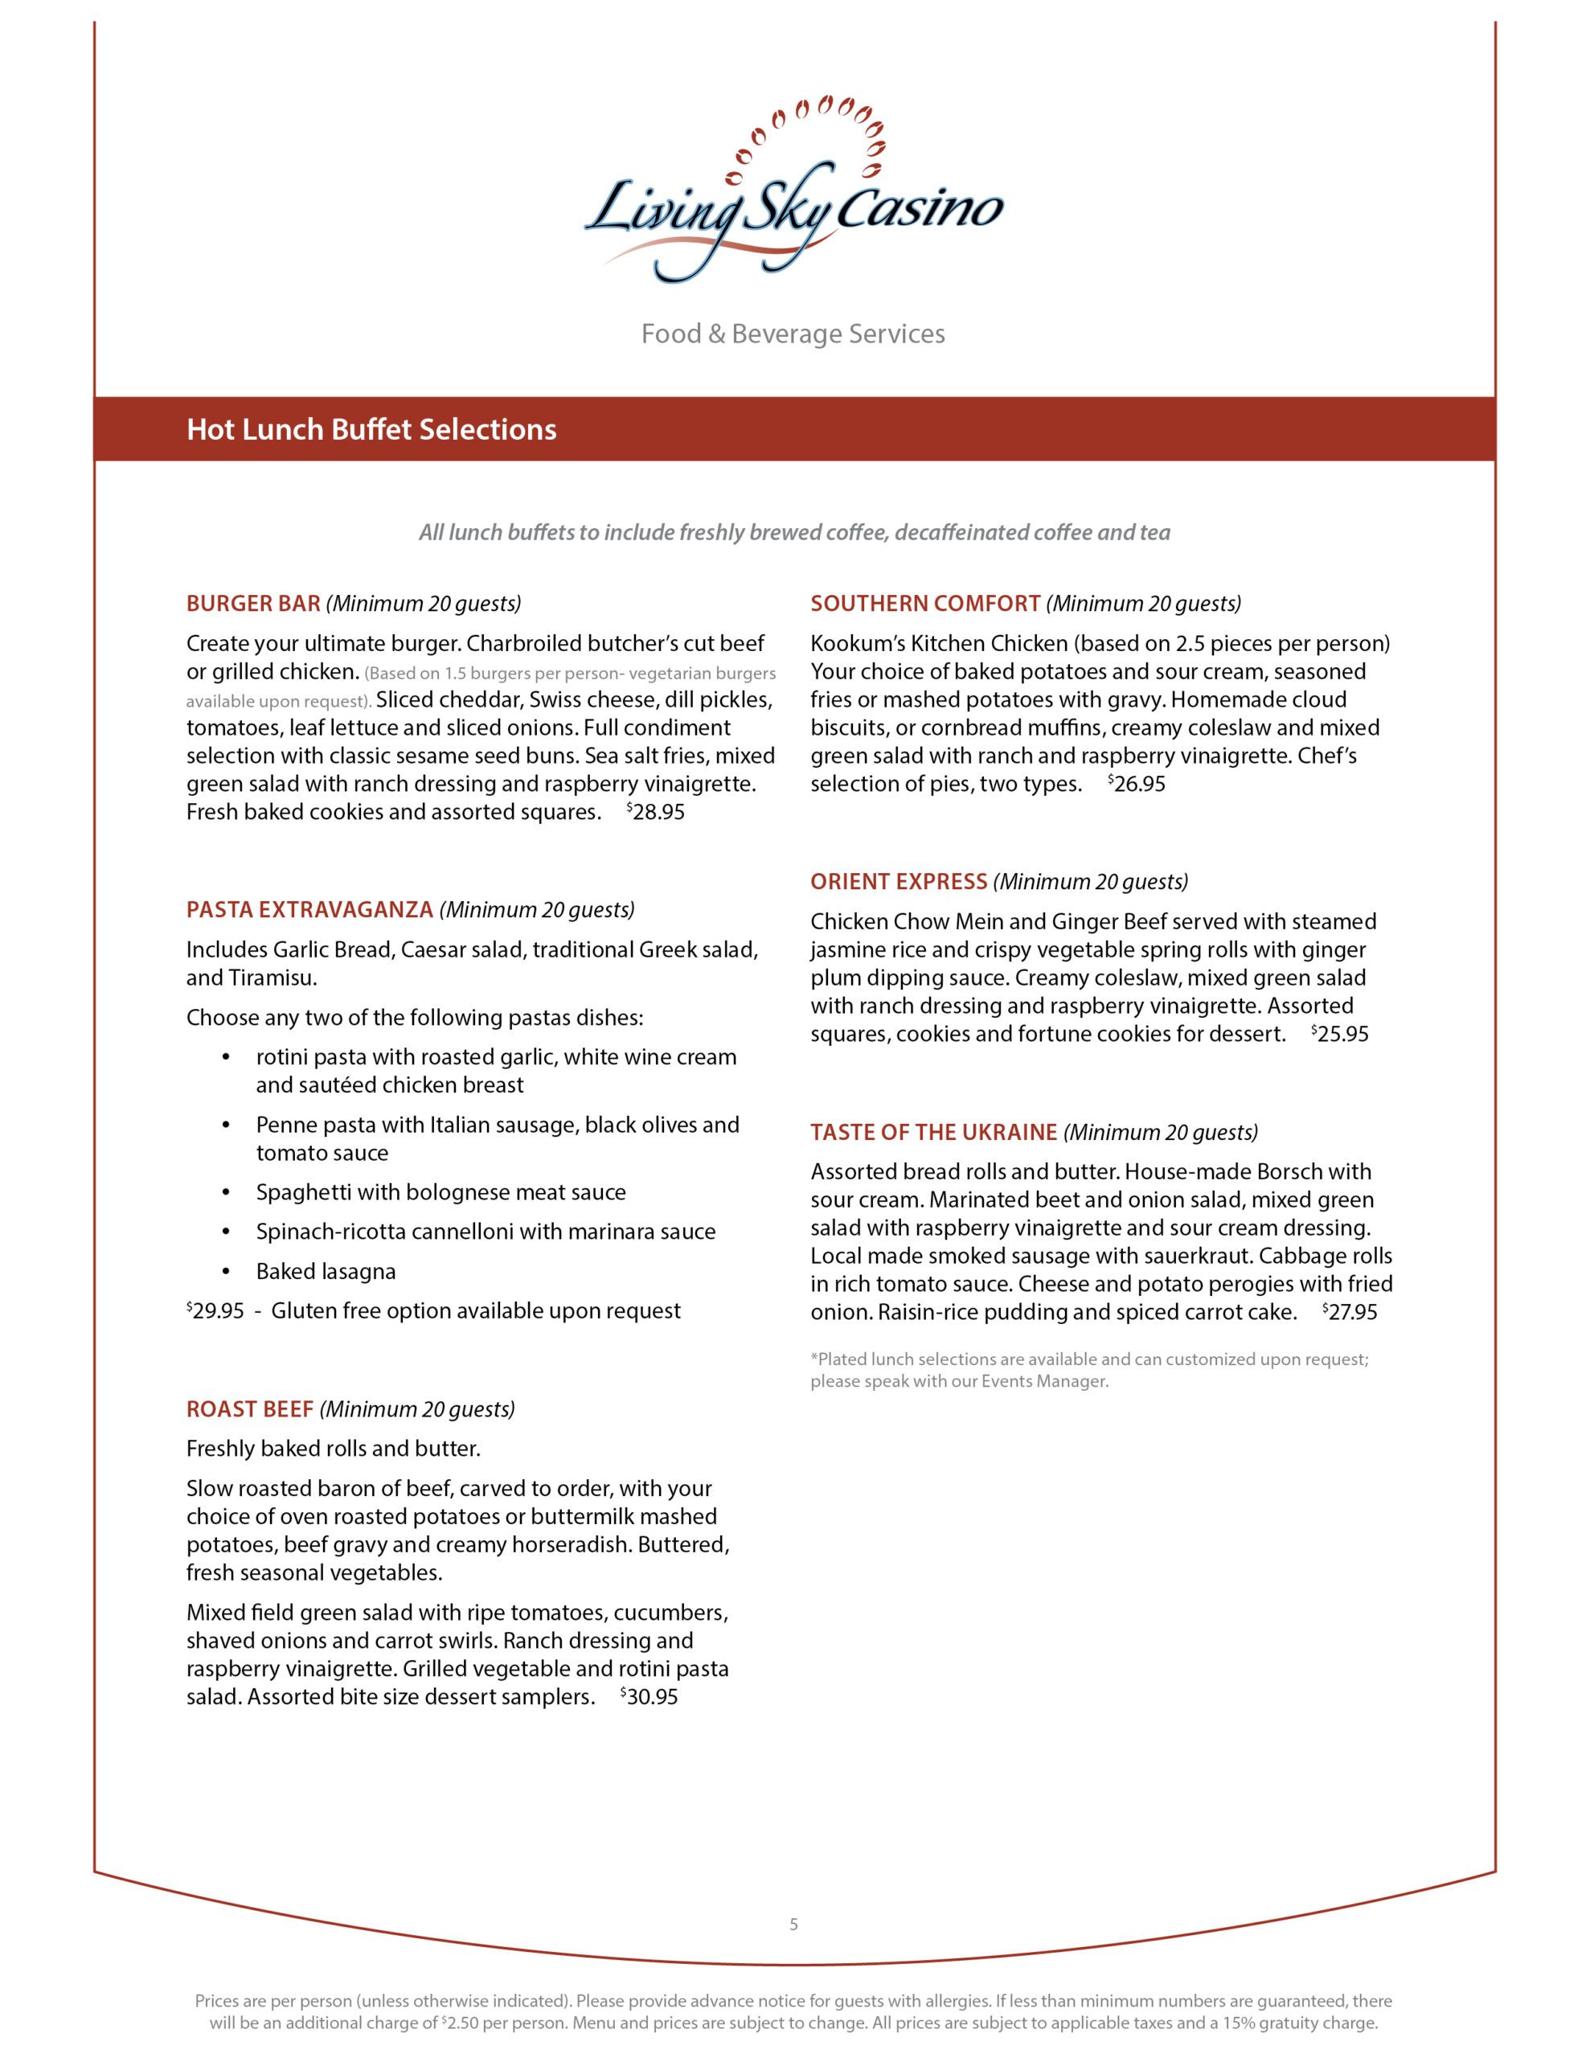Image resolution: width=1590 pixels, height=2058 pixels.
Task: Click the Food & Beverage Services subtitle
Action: click(793, 334)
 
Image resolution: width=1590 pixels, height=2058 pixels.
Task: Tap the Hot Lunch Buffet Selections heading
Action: click(371, 430)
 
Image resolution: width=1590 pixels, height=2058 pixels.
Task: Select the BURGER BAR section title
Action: click(253, 603)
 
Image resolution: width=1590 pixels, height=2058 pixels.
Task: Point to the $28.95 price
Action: click(656, 812)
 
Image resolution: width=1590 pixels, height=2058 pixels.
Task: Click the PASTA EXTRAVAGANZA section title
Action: click(309, 909)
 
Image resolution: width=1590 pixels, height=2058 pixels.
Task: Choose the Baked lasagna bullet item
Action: click(326, 1271)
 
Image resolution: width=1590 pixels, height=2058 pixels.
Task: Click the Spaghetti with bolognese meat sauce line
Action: click(441, 1192)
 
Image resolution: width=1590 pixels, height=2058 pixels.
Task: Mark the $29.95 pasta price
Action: click(216, 1310)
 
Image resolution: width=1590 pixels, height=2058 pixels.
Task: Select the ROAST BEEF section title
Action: click(250, 1408)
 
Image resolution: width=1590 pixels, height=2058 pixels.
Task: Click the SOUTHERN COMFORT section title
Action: click(924, 603)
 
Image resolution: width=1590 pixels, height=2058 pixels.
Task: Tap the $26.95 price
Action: click(1137, 784)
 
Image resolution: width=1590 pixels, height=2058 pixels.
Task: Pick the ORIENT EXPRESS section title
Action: click(898, 881)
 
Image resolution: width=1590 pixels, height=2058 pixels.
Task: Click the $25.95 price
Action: click(1340, 1034)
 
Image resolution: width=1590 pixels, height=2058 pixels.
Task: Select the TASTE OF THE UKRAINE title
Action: click(933, 1132)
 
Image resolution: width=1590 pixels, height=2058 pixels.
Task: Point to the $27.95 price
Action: click(1350, 1312)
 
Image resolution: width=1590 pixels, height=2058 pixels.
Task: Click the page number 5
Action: click(793, 1925)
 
